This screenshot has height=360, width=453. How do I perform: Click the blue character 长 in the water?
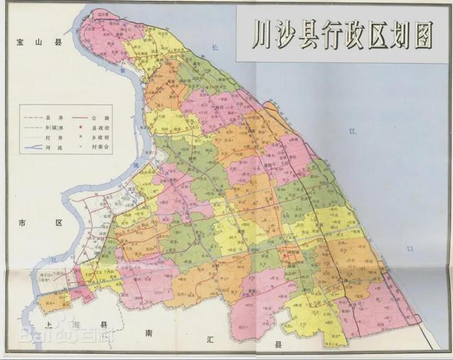click(x=214, y=47)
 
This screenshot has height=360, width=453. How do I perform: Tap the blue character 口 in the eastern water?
click(x=410, y=248)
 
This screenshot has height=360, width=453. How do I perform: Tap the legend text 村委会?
click(x=98, y=149)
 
